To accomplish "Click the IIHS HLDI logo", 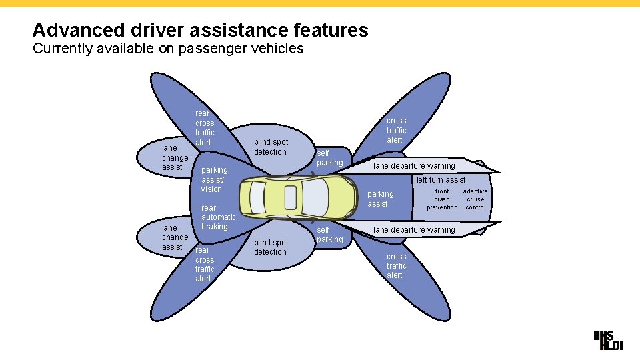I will (x=607, y=339).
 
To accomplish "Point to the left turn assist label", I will (x=441, y=179).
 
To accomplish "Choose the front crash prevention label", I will (x=442, y=199).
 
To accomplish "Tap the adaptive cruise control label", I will (x=475, y=199).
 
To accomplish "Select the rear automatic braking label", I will (x=218, y=217).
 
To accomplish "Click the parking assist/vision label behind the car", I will (x=214, y=179).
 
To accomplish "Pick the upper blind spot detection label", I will (x=271, y=147).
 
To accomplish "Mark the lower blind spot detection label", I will (x=271, y=247).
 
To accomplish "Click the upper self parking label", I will (x=329, y=158).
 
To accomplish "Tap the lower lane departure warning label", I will (x=414, y=230).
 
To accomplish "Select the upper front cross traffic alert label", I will (x=396, y=130).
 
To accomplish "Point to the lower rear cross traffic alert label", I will (x=205, y=264).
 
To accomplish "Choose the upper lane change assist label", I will (x=175, y=157).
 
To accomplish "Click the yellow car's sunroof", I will (x=291, y=197).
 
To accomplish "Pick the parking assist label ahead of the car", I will (x=381, y=199).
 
